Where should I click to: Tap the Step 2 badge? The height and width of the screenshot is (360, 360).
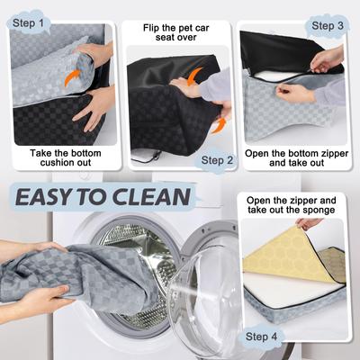[217, 162]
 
